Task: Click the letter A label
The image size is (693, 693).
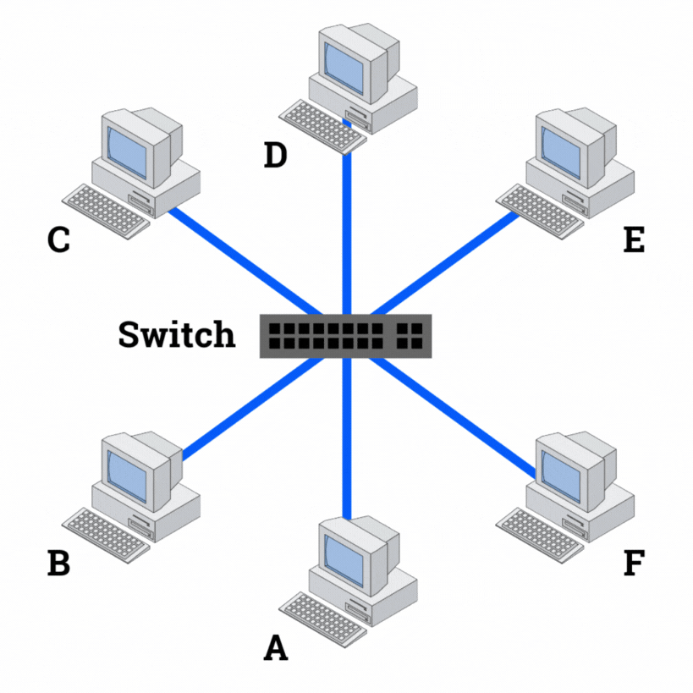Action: pyautogui.click(x=276, y=648)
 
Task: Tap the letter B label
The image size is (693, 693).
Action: pyautogui.click(x=58, y=562)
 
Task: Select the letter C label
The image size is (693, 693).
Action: pyautogui.click(x=58, y=239)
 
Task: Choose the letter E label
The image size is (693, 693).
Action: pyautogui.click(x=633, y=239)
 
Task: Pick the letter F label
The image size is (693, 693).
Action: pyautogui.click(x=633, y=562)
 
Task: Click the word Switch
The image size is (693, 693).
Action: pyautogui.click(x=176, y=334)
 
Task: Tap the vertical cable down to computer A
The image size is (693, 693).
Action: pyautogui.click(x=346, y=440)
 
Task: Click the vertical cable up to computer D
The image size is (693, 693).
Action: pyautogui.click(x=346, y=228)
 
